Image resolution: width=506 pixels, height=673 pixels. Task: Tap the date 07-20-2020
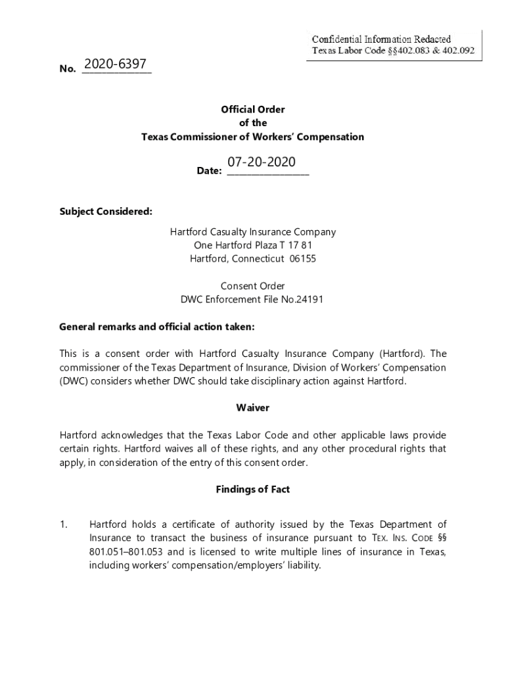click(x=262, y=162)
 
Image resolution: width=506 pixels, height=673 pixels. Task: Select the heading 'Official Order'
click(x=253, y=109)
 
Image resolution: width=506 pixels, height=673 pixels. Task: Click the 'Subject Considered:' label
click(x=106, y=212)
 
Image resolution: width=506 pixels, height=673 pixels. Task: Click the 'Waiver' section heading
click(x=253, y=408)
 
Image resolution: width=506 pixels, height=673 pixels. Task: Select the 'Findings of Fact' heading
click(x=253, y=490)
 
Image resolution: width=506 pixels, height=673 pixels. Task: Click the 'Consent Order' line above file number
click(x=253, y=286)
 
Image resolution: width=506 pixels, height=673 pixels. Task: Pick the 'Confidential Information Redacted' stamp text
click(x=381, y=39)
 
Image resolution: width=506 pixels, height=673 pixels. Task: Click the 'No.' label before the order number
click(x=67, y=69)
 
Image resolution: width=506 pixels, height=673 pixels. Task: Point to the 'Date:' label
click(x=210, y=172)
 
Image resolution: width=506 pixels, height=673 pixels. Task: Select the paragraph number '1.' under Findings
click(x=64, y=524)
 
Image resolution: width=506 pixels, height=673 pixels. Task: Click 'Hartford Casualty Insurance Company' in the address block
click(x=253, y=232)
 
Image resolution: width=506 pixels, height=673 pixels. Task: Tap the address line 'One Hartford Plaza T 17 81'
click(x=253, y=245)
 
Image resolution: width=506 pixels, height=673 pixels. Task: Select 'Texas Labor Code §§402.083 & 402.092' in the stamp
click(x=393, y=51)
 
